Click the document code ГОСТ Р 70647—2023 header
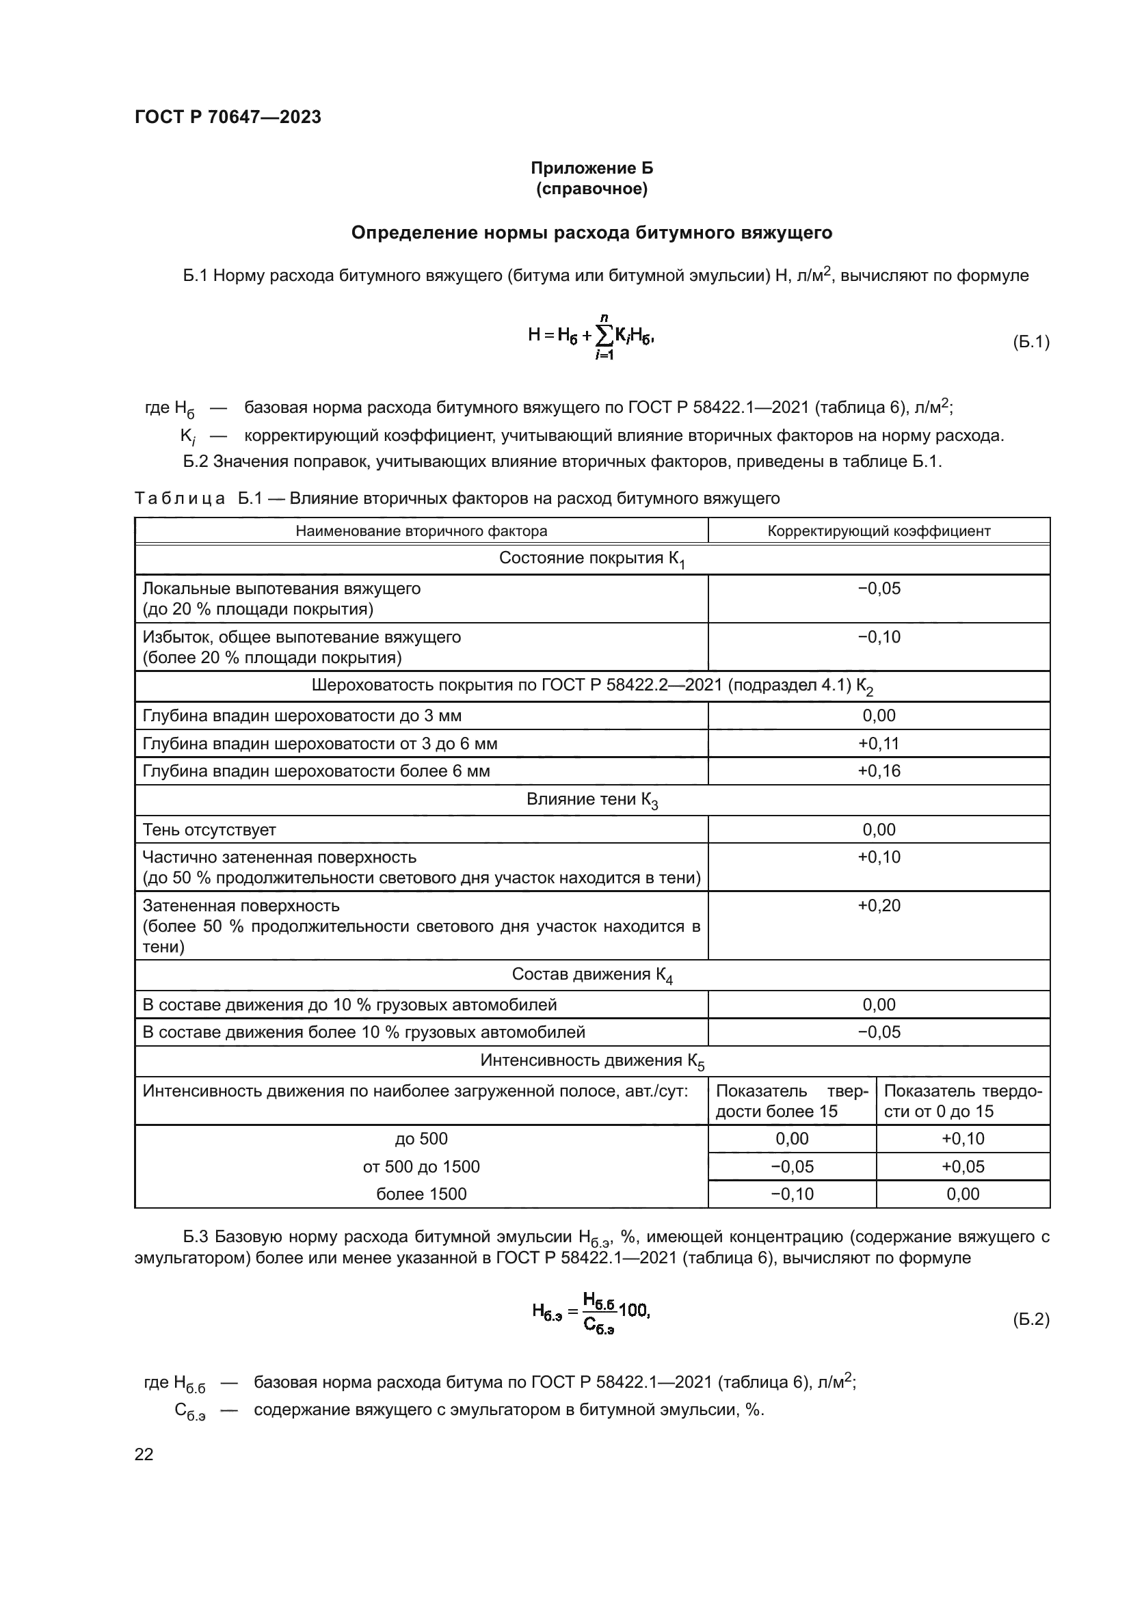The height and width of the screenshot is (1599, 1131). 228,117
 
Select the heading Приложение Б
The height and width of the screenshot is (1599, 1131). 591,168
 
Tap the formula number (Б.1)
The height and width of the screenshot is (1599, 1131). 1030,342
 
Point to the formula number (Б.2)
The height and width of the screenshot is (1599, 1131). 1030,1319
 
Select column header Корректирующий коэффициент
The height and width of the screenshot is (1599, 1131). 878,530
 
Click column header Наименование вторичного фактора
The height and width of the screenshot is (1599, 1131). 421,530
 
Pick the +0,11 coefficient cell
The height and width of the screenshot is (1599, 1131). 878,743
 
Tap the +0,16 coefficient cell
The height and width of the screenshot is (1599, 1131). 878,770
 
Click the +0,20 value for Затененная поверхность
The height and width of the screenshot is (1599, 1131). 878,905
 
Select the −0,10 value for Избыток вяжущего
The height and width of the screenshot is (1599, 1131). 878,636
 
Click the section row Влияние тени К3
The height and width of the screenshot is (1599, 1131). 591,800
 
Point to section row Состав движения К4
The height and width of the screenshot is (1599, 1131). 591,974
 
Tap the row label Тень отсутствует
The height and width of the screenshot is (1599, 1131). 209,829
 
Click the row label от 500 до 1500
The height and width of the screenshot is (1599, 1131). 421,1166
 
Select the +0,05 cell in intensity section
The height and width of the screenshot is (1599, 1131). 963,1166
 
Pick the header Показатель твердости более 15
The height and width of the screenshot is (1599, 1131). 791,1101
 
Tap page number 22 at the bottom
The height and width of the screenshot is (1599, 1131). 144,1454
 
